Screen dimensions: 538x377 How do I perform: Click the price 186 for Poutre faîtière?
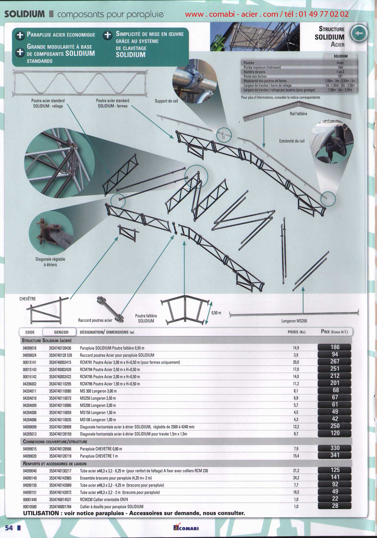pos(335,347)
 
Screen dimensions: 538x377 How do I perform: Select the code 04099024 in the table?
pos(30,355)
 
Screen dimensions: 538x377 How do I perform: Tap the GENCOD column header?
pos(61,332)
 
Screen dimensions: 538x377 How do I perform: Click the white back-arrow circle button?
pos(359,34)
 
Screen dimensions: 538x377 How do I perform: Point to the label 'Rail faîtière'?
pos(298,114)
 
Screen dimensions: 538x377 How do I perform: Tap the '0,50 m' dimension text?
pos(216,313)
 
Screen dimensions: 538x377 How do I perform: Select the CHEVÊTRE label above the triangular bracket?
pos(28,299)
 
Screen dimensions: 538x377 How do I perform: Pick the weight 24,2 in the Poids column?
pos(296,478)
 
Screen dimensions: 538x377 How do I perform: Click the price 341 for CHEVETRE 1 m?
pos(335,455)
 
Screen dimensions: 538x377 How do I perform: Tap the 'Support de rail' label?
pos(166,101)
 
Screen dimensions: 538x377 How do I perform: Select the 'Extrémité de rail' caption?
pos(292,141)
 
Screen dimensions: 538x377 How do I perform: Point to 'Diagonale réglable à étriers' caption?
pos(50,262)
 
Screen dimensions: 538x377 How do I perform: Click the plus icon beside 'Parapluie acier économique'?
pos(20,35)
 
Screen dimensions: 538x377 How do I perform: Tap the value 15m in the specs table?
pos(340,67)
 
